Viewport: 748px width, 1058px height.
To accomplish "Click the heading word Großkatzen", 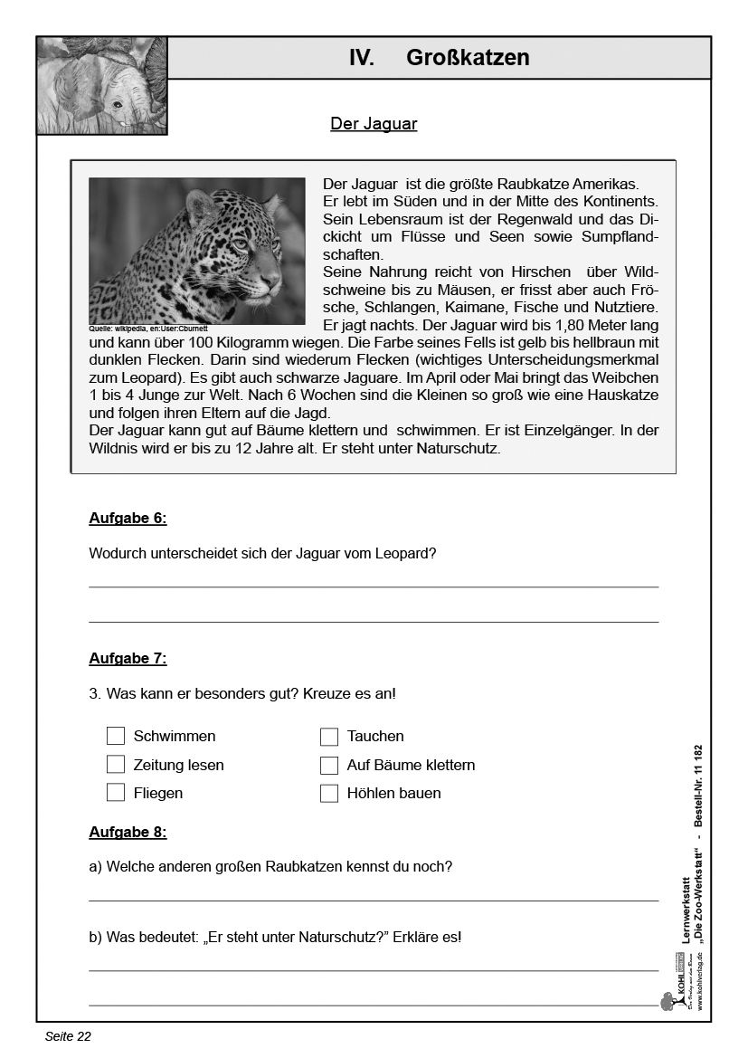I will pyautogui.click(x=468, y=58).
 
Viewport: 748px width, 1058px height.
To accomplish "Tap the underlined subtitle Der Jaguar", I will pyautogui.click(x=374, y=124).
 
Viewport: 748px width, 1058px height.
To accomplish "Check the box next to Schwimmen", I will pyautogui.click(x=116, y=736).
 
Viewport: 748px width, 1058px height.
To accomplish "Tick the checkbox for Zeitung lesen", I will pyautogui.click(x=116, y=765).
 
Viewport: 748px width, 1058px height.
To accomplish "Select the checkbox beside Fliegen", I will pyautogui.click(x=116, y=793).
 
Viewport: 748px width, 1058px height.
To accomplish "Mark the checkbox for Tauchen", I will pyautogui.click(x=329, y=736).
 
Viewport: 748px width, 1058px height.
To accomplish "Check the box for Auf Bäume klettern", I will pyautogui.click(x=329, y=765).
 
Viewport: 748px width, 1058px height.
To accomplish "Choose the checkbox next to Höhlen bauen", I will pyautogui.click(x=329, y=793).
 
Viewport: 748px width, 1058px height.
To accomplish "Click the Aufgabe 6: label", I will pyautogui.click(x=128, y=519).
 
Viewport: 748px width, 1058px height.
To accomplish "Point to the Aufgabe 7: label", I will pyautogui.click(x=128, y=659).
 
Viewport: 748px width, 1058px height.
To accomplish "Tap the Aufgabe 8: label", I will pyautogui.click(x=128, y=833).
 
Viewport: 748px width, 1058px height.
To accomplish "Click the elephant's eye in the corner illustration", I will pyautogui.click(x=118, y=105).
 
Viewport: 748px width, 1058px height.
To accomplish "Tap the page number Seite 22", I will pyautogui.click(x=68, y=1037).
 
